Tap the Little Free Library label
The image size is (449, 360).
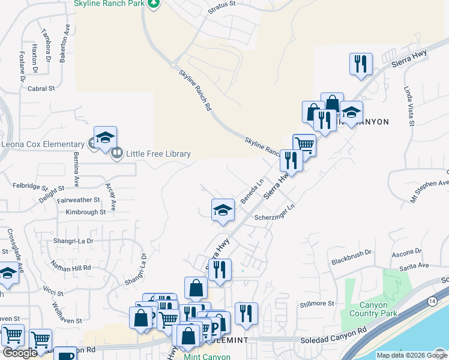click(158, 154)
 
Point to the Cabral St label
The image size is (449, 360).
click(41, 88)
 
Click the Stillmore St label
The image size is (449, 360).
click(316, 304)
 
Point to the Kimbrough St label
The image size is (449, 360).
click(86, 212)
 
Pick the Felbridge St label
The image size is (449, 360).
click(31, 188)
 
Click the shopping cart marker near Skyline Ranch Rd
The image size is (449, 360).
click(304, 145)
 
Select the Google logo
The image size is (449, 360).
click(19, 353)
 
